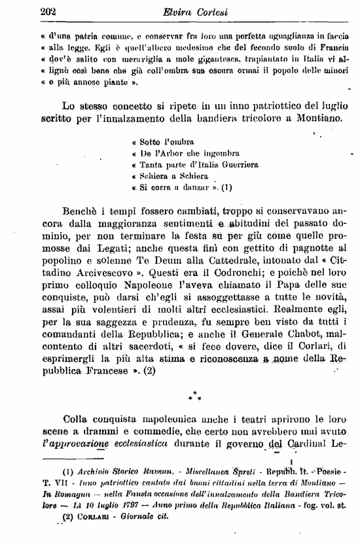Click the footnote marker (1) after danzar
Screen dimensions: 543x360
tap(226, 188)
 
